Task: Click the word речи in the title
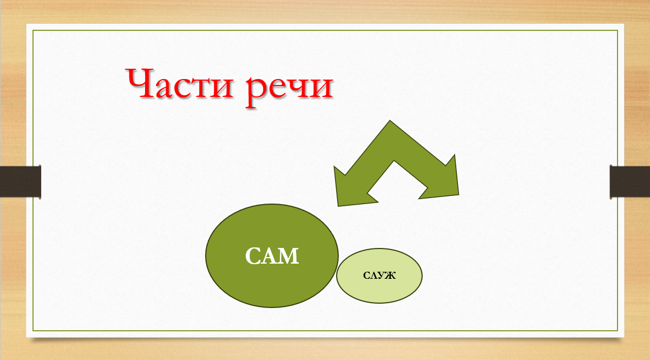tap(290, 88)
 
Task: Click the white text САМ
tap(272, 256)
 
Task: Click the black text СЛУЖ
tap(379, 275)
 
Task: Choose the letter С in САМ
tap(253, 256)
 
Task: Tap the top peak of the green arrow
tap(390, 121)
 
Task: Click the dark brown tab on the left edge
tap(21, 182)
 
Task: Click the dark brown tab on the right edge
tap(629, 182)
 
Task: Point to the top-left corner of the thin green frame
tap(33, 30)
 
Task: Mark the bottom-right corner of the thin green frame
tap(618, 330)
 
